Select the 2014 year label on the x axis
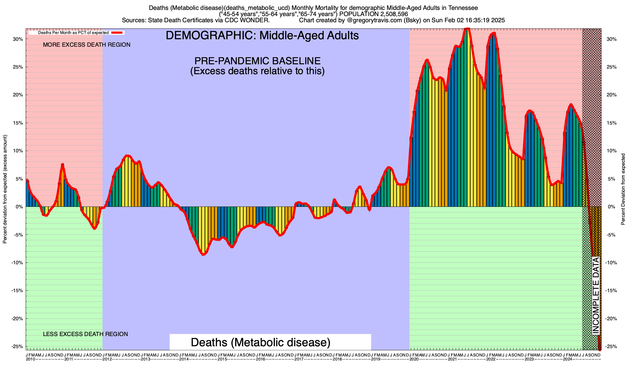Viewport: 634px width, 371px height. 184,359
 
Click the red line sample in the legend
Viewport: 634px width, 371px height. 118,32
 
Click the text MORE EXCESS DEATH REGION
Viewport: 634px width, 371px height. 87,45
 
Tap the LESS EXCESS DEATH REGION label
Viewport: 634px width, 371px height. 85,334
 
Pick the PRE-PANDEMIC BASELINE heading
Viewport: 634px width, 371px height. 257,61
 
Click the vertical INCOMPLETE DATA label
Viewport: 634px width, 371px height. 596,296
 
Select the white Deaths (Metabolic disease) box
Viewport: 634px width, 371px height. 261,342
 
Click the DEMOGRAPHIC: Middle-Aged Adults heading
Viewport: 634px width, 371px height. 262,36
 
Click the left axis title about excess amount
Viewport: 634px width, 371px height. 5,189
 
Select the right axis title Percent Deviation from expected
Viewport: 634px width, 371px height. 623,189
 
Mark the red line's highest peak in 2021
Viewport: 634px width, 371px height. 467,29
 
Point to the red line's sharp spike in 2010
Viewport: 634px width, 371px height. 63,164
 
